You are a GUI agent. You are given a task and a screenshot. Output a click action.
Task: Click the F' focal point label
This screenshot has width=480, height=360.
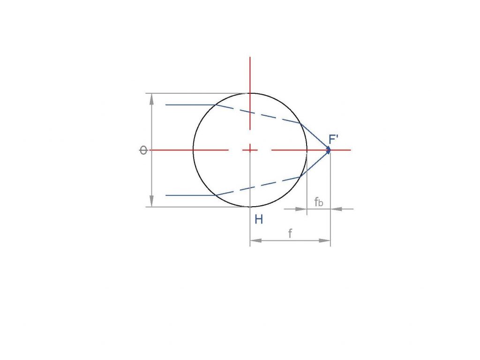pos(333,139)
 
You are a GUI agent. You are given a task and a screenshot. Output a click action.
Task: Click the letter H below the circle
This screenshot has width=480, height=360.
pos(259,219)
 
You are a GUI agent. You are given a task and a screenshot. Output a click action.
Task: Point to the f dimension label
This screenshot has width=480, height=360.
pos(290,233)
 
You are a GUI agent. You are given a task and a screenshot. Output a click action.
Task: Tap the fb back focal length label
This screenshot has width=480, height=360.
pos(319,202)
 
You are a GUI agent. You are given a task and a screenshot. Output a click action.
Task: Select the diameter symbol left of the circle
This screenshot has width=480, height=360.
pos(143,150)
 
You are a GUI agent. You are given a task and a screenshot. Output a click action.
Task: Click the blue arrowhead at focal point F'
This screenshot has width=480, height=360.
pos(329,150)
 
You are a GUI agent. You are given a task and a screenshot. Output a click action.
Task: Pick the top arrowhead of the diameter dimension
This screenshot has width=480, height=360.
pos(151,99)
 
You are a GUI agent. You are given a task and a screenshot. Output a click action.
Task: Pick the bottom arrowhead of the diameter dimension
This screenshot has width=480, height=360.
pos(151,201)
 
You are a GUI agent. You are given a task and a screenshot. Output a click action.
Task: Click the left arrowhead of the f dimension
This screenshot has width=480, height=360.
pos(256,240)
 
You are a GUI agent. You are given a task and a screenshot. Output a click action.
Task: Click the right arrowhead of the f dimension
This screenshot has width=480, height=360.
pos(324,240)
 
